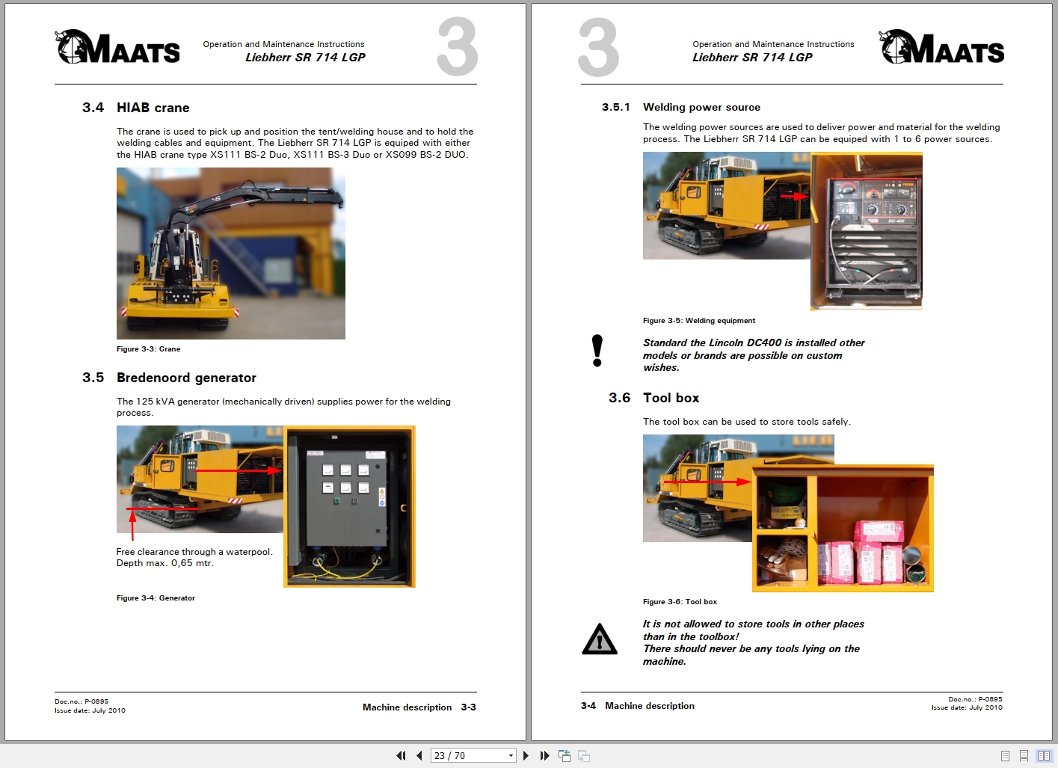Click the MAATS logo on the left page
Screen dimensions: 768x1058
tap(117, 48)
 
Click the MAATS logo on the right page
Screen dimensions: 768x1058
tap(941, 48)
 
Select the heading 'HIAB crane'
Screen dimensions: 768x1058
tap(153, 108)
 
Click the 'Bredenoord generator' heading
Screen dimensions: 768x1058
tap(186, 378)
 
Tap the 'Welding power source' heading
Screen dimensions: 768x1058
tap(701, 107)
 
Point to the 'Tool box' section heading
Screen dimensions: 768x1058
tap(671, 398)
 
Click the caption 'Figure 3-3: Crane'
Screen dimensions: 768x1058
tap(148, 349)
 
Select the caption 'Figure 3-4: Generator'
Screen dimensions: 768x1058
tap(156, 598)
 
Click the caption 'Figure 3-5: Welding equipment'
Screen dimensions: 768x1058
tap(698, 321)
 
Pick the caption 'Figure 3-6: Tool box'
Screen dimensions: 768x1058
tap(679, 602)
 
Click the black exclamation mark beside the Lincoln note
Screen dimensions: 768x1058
tap(597, 351)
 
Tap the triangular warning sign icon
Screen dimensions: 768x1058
tap(599, 639)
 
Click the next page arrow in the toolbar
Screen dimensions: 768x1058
tap(526, 755)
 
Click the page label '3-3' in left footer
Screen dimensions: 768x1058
tap(468, 707)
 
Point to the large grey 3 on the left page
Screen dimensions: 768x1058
tap(457, 48)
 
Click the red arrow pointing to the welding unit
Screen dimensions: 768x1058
tap(794, 196)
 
